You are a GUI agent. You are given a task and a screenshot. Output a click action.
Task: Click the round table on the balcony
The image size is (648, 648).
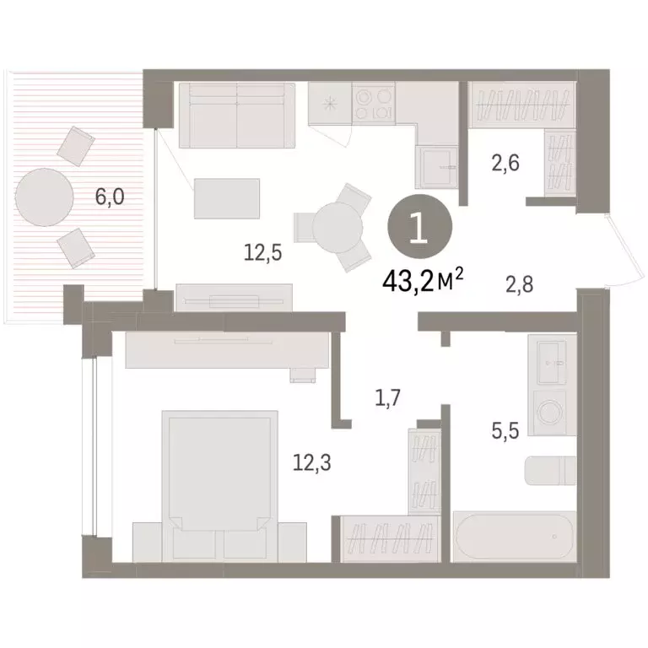[x=44, y=197]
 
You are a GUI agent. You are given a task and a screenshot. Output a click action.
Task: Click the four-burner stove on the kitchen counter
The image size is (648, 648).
[x=373, y=104]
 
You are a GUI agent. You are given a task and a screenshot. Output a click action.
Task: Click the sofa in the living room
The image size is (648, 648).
[x=236, y=115]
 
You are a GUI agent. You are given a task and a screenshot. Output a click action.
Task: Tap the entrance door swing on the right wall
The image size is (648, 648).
[x=622, y=245]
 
